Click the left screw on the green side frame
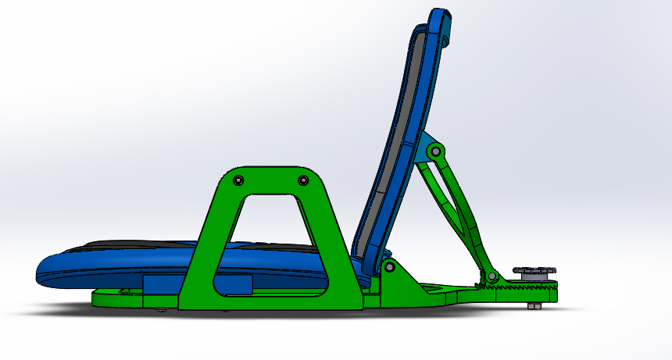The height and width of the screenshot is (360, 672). [239, 180]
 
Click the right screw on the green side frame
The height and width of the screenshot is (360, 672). [303, 180]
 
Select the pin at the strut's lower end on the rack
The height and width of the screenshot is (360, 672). [492, 276]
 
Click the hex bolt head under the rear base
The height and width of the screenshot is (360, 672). [533, 306]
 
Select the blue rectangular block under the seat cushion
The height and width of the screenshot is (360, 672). [161, 284]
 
